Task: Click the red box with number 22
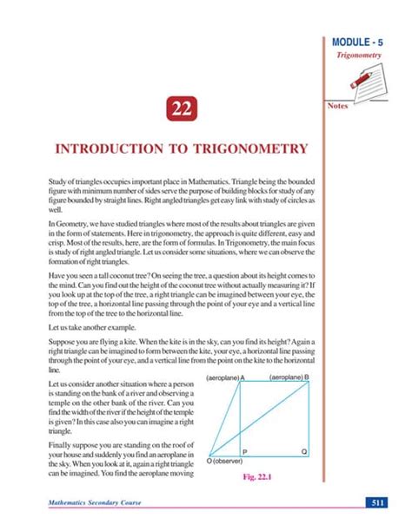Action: coord(181,109)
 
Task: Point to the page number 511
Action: coord(378,503)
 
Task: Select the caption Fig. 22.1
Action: coord(261,476)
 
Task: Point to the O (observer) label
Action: coord(224,462)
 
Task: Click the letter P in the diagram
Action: coord(244,452)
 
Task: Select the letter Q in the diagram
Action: coord(303,452)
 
